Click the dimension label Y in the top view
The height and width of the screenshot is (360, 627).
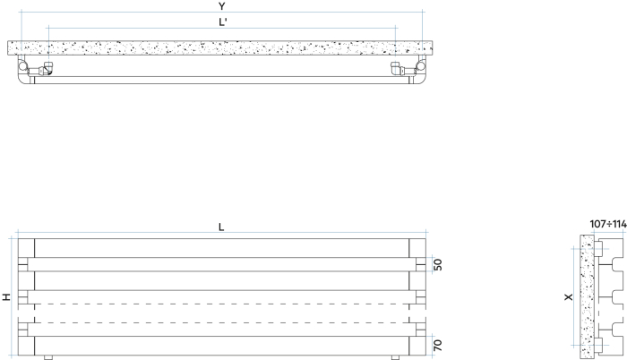click(x=221, y=6)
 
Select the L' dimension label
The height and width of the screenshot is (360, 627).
click(x=222, y=22)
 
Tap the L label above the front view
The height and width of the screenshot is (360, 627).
click(x=221, y=227)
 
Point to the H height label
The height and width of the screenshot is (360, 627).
click(x=7, y=296)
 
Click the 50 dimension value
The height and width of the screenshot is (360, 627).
click(x=438, y=264)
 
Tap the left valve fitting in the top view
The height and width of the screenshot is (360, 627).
click(x=42, y=68)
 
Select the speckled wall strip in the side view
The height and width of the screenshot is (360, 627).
click(x=587, y=296)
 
